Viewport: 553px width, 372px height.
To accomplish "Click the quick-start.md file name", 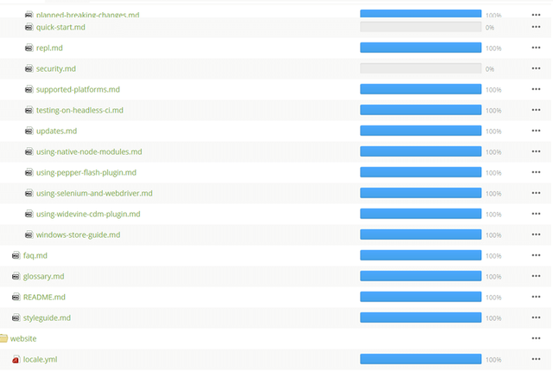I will coord(60,28).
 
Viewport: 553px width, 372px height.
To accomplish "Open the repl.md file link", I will coord(49,48).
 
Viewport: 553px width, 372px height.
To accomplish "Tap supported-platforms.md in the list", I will coord(78,90).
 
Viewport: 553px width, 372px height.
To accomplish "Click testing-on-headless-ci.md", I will coord(79,111).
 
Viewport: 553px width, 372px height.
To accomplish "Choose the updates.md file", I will coord(56,131).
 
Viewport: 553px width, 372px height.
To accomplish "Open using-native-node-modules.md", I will coord(89,152).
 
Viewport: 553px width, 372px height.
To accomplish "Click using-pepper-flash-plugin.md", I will coord(86,173).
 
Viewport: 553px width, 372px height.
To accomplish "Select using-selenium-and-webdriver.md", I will coord(94,194).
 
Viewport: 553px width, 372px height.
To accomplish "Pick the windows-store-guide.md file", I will coord(78,235).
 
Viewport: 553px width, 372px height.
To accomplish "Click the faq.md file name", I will coord(35,256).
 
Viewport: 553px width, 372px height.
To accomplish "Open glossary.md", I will coord(44,277).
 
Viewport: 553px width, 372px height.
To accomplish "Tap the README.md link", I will coord(44,298).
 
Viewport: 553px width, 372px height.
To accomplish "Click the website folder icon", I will coord(3,338).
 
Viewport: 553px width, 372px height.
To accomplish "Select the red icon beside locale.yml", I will coord(16,360).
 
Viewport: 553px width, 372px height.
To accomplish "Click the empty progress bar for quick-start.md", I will coord(420,28).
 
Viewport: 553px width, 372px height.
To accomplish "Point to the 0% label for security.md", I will coord(490,69).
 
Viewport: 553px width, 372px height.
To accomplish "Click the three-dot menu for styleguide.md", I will coord(537,318).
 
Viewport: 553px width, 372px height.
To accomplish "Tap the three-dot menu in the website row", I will coord(537,338).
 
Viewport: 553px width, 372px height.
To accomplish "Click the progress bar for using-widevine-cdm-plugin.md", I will coord(420,215).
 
